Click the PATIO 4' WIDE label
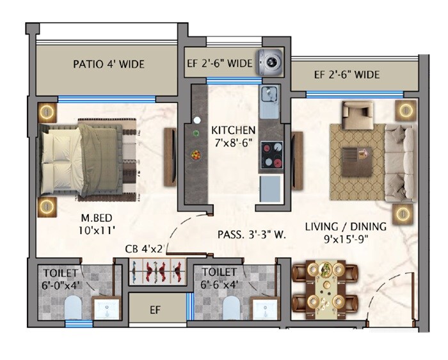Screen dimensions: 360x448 (108, 64)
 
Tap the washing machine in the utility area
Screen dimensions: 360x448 (271, 62)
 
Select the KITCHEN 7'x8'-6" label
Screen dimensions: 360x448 (234, 136)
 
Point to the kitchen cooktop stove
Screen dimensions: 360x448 (271, 155)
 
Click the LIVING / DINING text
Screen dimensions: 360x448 (345, 226)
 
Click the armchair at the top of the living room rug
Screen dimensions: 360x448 (353, 113)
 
